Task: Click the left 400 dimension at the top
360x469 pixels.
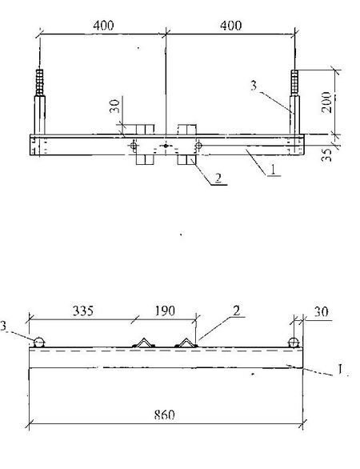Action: tap(103, 26)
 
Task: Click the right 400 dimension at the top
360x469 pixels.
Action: tap(231, 26)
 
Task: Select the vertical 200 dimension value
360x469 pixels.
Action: tap(327, 102)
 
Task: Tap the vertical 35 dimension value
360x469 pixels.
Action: tap(328, 154)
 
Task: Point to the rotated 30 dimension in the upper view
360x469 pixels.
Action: tap(114, 106)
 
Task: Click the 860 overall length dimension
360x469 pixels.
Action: tap(164, 415)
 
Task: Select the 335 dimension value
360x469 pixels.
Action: tap(83, 311)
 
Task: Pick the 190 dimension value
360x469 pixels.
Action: tap(165, 311)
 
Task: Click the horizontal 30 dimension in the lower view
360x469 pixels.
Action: tap(321, 311)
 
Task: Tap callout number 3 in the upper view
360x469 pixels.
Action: tap(254, 86)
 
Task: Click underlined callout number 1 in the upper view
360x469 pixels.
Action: tap(273, 170)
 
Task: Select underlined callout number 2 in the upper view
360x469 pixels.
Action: tap(218, 178)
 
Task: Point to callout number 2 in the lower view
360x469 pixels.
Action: tap(236, 311)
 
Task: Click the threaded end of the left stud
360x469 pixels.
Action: tap(39, 82)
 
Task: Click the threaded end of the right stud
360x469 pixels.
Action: tap(294, 82)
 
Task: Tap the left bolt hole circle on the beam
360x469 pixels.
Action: tap(134, 146)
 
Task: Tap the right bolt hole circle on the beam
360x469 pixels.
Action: tap(198, 146)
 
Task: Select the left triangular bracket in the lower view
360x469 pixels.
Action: tap(144, 343)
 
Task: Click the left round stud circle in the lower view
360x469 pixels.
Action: tap(39, 343)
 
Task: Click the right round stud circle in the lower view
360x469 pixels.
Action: tap(294, 343)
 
